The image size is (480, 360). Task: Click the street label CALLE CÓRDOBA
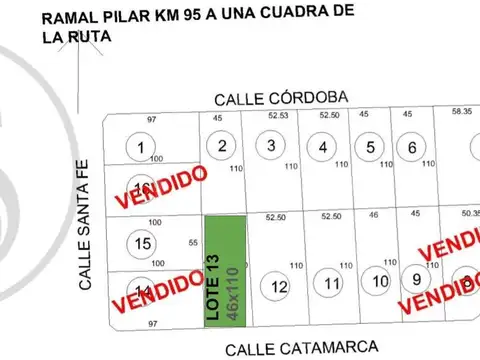pos(282,97)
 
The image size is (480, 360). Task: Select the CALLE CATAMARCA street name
pos(301,348)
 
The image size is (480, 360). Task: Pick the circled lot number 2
pos(220,147)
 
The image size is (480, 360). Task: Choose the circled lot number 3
pos(271,146)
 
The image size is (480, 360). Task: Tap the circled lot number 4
pos(322,149)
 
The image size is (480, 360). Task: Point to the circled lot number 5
pos(370,148)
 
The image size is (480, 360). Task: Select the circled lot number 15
pos(143,243)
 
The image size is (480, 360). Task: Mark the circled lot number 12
pos(279,287)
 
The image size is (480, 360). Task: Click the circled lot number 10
pos(380,282)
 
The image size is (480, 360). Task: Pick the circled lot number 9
pos(415,279)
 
